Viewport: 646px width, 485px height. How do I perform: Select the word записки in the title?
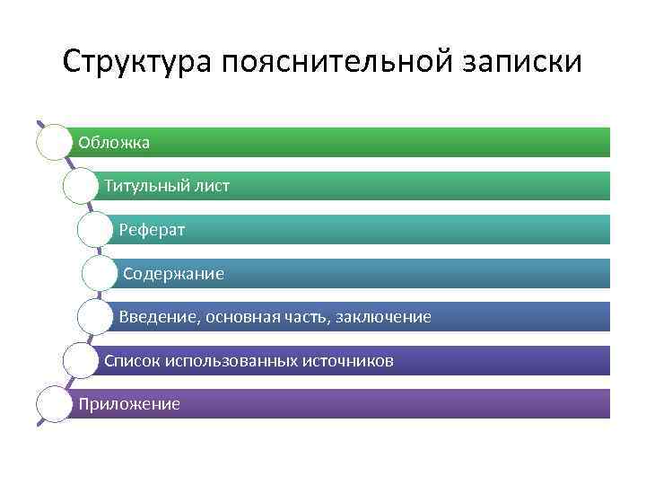[524, 62]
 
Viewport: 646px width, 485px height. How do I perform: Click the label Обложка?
[114, 142]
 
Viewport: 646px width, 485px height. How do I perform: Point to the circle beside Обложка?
[54, 142]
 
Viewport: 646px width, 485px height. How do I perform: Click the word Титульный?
[146, 186]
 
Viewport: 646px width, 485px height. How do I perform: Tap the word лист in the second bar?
[212, 186]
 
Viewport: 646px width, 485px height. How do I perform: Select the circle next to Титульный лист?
[81, 186]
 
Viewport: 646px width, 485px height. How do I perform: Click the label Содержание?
[173, 273]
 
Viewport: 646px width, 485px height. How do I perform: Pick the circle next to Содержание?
[100, 273]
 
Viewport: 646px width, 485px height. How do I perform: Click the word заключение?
[386, 317]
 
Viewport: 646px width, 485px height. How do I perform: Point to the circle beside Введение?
[95, 317]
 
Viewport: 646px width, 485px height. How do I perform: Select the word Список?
[132, 361]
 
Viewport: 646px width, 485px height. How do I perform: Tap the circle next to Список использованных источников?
[81, 361]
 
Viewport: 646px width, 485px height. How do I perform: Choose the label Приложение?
[129, 404]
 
